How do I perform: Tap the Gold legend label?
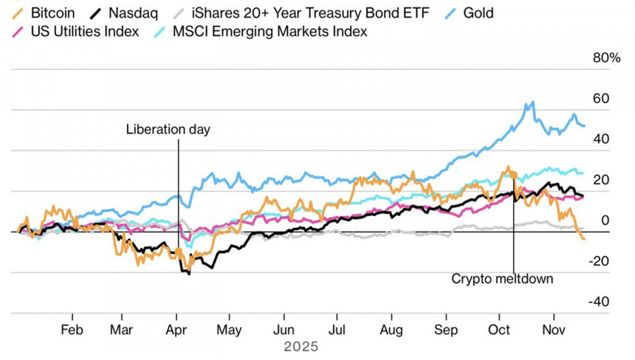[x=479, y=13]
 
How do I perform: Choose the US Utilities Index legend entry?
[x=84, y=32]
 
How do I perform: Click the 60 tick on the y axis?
[x=601, y=99]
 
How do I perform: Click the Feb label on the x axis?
[x=72, y=330]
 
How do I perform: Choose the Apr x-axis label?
[x=176, y=330]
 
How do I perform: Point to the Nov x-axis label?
[x=553, y=330]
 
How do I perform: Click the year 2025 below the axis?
[x=301, y=347]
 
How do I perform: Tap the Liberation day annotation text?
[x=168, y=129]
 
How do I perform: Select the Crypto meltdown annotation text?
[x=502, y=279]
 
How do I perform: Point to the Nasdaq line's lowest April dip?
[x=188, y=273]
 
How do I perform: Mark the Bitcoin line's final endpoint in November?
[x=583, y=239]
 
